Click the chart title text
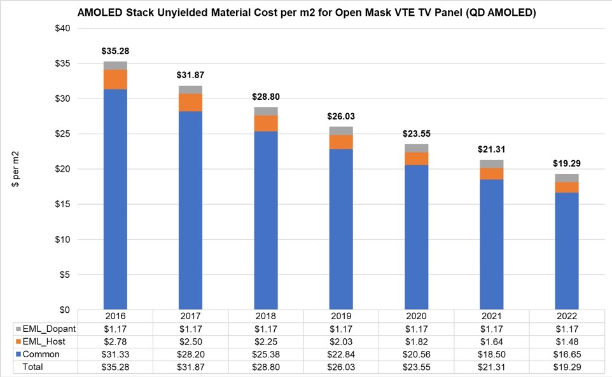point(306,13)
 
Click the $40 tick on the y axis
point(62,29)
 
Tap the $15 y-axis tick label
point(62,204)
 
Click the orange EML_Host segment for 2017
point(190,102)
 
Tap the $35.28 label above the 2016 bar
point(115,51)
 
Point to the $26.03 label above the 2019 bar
point(341,116)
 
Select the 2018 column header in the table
point(266,316)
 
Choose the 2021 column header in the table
point(492,316)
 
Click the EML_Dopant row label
point(48,329)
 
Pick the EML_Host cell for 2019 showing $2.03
point(341,341)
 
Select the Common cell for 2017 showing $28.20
point(190,354)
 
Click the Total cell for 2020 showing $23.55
point(417,367)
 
